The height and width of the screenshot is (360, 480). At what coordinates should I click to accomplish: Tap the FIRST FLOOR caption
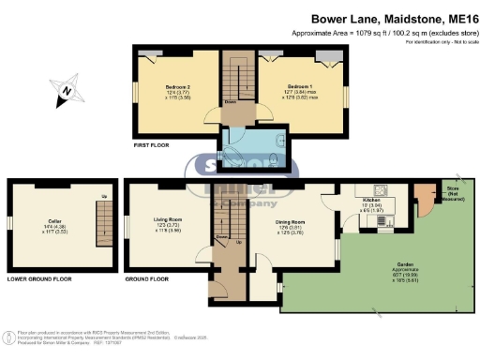154,145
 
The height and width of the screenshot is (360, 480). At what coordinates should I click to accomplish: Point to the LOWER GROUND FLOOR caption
38,279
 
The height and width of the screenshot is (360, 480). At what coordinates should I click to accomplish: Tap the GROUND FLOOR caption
148,279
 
